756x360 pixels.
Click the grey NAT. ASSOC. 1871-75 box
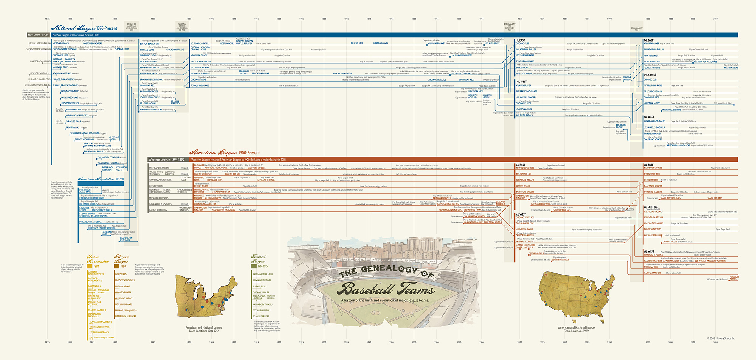tap(38, 35)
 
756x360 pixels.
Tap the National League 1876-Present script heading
tap(84, 28)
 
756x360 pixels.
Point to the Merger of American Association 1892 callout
tap(132, 26)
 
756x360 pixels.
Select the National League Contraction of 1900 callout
tap(182, 26)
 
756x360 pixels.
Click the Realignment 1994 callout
tap(637, 29)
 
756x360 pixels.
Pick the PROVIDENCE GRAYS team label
tap(70, 103)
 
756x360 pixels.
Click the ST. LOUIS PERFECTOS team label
tap(175, 102)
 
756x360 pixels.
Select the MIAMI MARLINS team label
tap(731, 68)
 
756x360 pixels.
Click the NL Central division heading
tap(650, 75)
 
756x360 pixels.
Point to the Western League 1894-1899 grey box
tap(166, 160)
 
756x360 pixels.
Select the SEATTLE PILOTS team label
tap(519, 246)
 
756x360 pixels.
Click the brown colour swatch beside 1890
tap(117, 266)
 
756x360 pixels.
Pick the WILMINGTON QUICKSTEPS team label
tap(102, 338)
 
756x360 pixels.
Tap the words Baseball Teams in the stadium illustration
tap(386, 289)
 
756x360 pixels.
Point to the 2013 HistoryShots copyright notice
tap(721, 338)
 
